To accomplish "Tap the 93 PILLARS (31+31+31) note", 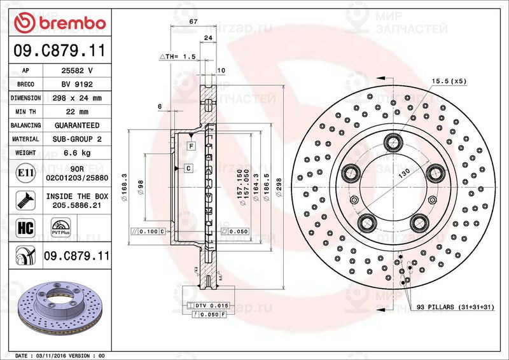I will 456,307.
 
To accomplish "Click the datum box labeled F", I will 190,146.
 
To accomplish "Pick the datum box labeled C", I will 189,168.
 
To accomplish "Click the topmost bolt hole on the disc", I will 391,141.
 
